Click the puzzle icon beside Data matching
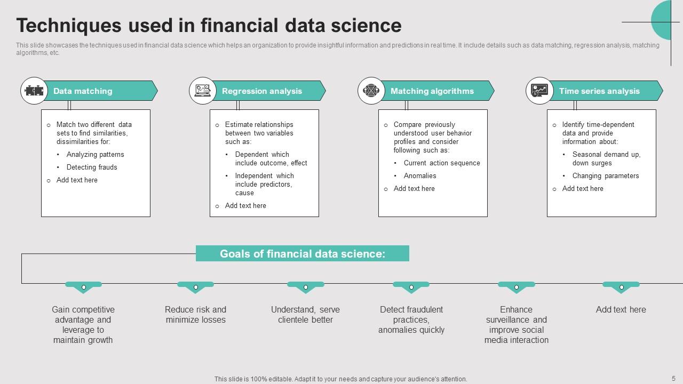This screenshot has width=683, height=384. pyautogui.click(x=34, y=91)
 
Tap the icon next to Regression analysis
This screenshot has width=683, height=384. pyautogui.click(x=202, y=91)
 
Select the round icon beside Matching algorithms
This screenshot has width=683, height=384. pyautogui.click(x=371, y=91)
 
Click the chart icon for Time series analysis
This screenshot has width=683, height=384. pyautogui.click(x=539, y=91)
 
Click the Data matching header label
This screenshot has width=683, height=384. pyautogui.click(x=83, y=91)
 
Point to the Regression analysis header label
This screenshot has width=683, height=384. pyautogui.click(x=262, y=91)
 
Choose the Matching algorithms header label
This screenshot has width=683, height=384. pyautogui.click(x=432, y=91)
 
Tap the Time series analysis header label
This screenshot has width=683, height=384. pyautogui.click(x=599, y=91)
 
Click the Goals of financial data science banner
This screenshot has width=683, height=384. pyautogui.click(x=303, y=254)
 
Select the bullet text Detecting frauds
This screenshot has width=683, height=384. pyautogui.click(x=92, y=167)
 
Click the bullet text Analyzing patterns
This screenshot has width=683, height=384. pyautogui.click(x=95, y=155)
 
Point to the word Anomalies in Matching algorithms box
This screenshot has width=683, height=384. pyautogui.click(x=420, y=176)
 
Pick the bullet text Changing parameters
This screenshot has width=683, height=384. pyautogui.click(x=606, y=176)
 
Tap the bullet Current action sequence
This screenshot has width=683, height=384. pyautogui.click(x=442, y=163)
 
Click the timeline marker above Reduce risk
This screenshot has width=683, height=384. pyautogui.click(x=196, y=287)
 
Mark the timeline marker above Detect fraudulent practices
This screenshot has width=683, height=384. pyautogui.click(x=411, y=287)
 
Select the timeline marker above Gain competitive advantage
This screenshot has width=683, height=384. pyautogui.click(x=83, y=287)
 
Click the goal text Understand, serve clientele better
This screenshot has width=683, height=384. pyautogui.click(x=306, y=315)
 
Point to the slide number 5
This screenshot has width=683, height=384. pyautogui.click(x=673, y=378)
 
